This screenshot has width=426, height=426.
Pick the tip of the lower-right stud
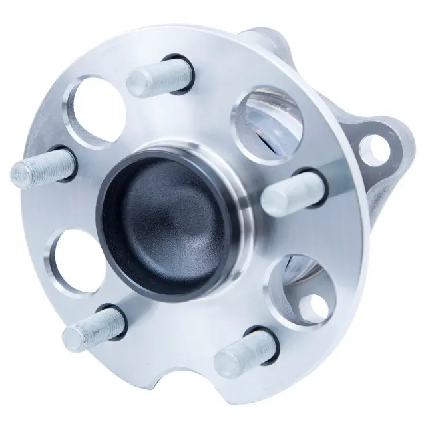(227, 363)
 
